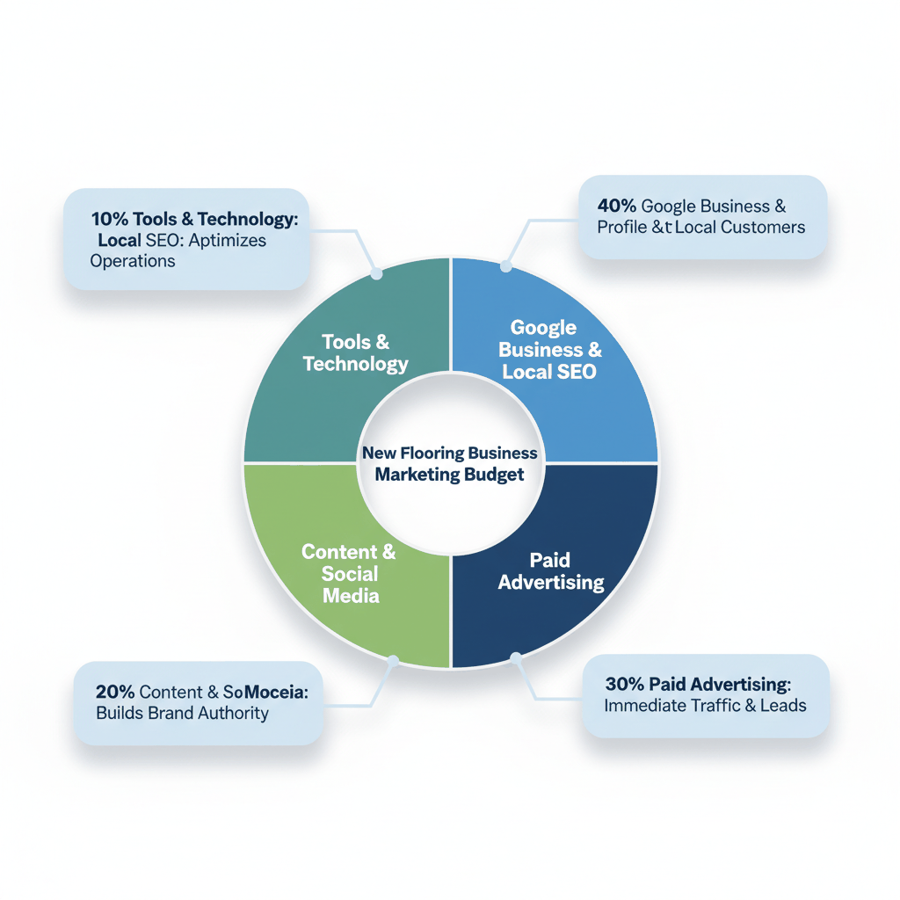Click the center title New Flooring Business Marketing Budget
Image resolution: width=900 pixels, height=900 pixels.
(x=449, y=464)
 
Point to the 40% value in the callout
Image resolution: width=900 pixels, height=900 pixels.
(x=616, y=207)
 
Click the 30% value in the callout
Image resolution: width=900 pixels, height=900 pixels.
(x=624, y=684)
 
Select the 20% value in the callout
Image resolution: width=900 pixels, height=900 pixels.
(x=115, y=692)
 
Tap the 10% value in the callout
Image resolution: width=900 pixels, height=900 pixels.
(x=109, y=219)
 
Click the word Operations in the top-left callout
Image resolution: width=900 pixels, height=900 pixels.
(x=132, y=261)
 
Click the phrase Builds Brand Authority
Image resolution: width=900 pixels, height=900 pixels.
(x=182, y=713)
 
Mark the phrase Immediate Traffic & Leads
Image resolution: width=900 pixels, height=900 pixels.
(x=705, y=705)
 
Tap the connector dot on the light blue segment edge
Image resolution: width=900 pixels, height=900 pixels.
(x=505, y=266)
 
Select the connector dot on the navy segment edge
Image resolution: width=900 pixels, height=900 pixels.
(x=516, y=657)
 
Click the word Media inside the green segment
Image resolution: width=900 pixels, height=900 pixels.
(x=351, y=596)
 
